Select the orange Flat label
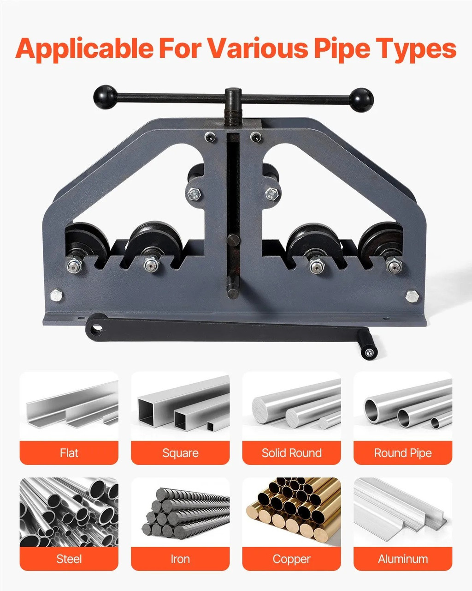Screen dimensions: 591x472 pyautogui.click(x=69, y=453)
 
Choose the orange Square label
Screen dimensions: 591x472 pyautogui.click(x=180, y=453)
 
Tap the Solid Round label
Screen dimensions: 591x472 pyautogui.click(x=292, y=453)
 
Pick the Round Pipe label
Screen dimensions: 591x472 pyautogui.click(x=403, y=453)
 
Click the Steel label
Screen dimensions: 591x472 pyautogui.click(x=69, y=559)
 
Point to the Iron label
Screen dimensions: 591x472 pyautogui.click(x=180, y=559)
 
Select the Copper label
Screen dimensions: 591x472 pyautogui.click(x=292, y=559)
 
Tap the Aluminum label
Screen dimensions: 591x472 pyautogui.click(x=403, y=559)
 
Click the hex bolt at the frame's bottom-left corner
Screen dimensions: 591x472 pyautogui.click(x=56, y=295)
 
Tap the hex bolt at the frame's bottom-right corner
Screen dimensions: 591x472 pyautogui.click(x=412, y=296)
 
